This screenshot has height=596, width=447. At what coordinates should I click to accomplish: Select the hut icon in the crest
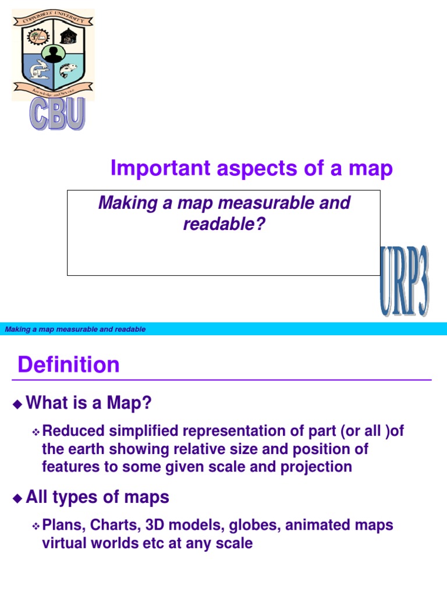coord(69,36)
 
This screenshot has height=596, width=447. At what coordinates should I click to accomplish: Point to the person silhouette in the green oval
coord(54,55)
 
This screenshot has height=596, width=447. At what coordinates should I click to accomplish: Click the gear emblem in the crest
coord(38,36)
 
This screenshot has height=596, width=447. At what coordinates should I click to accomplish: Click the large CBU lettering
coord(58,115)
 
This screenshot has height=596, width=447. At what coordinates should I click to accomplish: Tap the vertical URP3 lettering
coord(405,282)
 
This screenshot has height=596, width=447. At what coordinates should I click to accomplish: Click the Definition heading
coord(69,365)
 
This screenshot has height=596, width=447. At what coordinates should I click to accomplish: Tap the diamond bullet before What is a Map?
coord(17,403)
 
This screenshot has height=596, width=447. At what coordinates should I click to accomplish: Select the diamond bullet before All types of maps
coord(17,498)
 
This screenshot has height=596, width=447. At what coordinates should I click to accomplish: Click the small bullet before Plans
coord(35,526)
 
